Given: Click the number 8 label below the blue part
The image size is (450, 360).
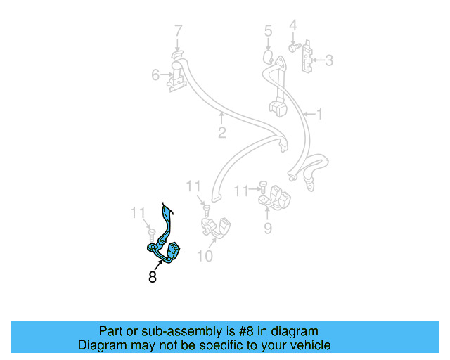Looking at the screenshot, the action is (153, 277).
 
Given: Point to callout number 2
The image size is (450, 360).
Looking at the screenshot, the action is (221, 133).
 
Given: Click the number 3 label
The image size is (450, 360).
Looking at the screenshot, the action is (328, 61).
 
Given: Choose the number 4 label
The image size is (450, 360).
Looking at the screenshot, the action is (293, 26).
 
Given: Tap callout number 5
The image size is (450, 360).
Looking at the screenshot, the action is (268, 31).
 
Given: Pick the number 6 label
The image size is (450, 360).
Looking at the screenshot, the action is (155, 75).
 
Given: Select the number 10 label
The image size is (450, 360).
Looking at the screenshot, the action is (204, 256).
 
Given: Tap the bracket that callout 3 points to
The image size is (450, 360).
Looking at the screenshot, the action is (307, 60).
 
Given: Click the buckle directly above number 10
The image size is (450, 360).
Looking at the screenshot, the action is (217, 226).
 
